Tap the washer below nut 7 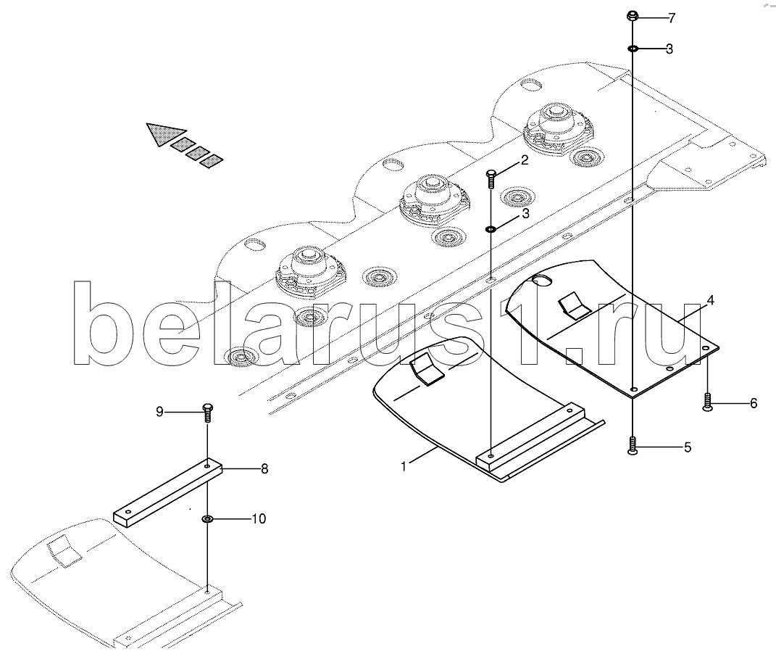[633, 49]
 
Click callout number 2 [525, 161]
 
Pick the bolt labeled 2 [491, 178]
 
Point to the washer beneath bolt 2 [491, 229]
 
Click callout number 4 [711, 299]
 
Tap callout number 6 [753, 403]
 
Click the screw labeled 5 [633, 445]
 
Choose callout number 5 [687, 447]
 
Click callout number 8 [264, 468]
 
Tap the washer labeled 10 [207, 519]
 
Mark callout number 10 [258, 518]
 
